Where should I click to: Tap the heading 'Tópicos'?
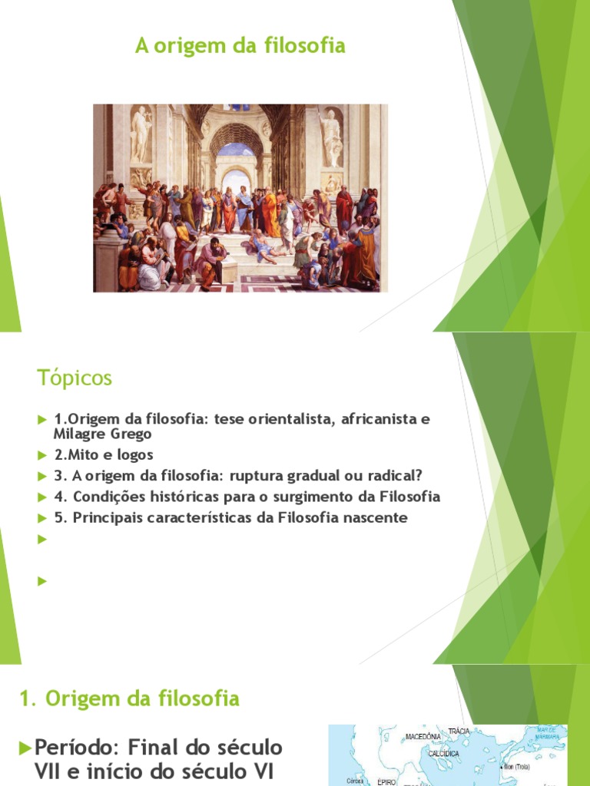(x=75, y=378)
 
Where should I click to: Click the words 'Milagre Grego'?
(x=103, y=434)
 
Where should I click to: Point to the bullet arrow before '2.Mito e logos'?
(x=42, y=454)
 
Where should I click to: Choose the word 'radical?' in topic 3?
(x=397, y=475)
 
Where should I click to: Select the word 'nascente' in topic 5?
(x=374, y=517)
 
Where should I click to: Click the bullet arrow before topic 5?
(x=42, y=517)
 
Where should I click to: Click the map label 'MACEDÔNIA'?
(x=423, y=736)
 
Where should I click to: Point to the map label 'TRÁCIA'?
(x=459, y=732)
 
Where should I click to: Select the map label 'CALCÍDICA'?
(x=443, y=753)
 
